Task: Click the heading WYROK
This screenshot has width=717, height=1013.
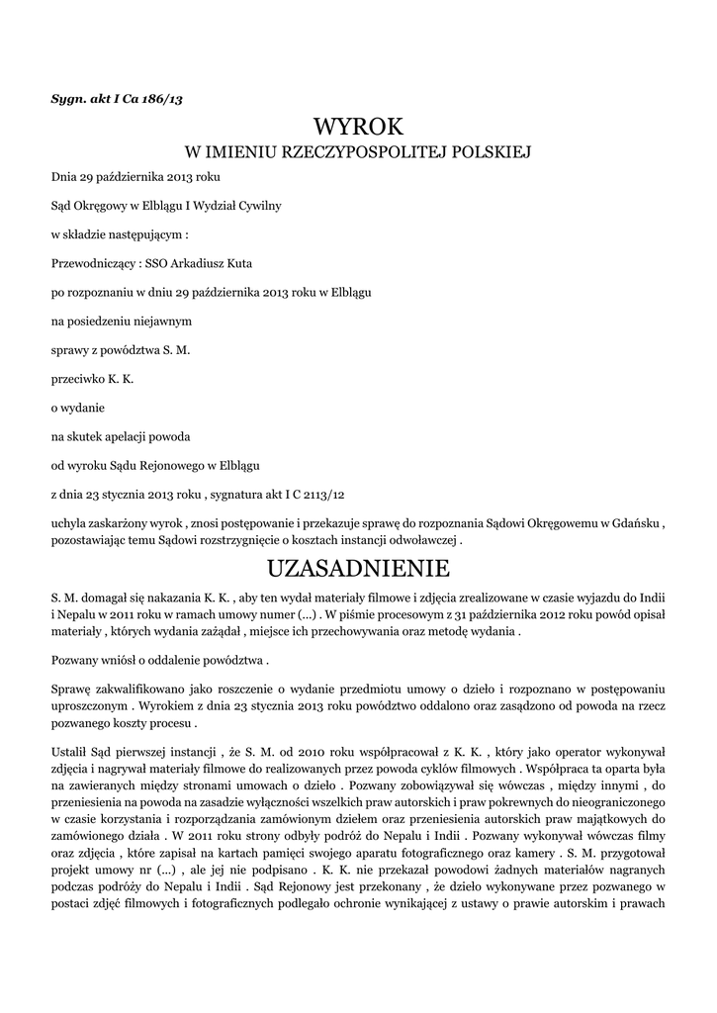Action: tap(358, 127)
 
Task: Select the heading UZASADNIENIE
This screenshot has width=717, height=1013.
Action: tap(358, 569)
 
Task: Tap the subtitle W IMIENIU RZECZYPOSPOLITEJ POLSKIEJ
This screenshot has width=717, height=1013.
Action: tap(358, 153)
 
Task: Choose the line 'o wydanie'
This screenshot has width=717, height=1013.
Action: tap(78, 408)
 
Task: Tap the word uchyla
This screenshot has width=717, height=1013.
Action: tap(68, 523)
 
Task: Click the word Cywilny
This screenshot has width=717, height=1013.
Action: tap(259, 206)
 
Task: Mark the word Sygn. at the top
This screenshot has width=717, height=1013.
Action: tap(68, 100)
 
